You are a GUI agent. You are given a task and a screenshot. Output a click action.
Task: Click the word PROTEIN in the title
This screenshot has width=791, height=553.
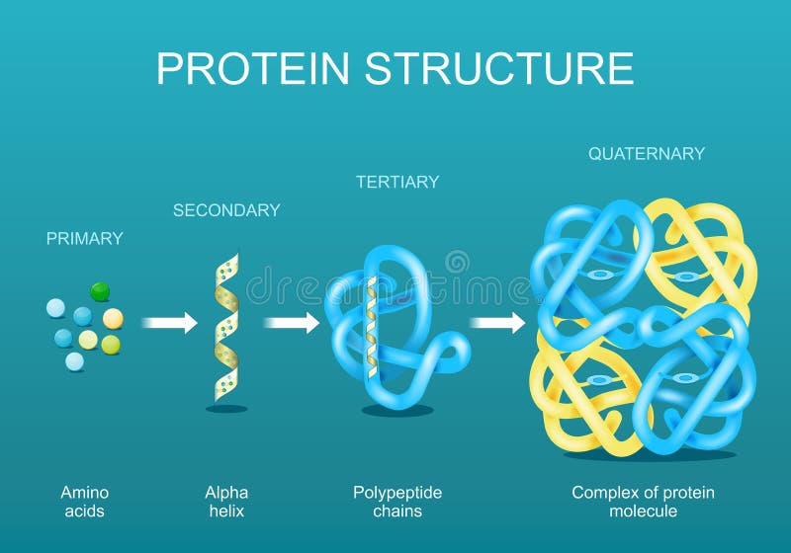coord(254,68)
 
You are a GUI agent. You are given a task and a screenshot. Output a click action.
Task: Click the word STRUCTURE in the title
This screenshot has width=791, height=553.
coord(499,68)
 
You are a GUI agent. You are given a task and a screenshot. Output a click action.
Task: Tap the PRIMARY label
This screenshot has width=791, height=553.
coord(85,238)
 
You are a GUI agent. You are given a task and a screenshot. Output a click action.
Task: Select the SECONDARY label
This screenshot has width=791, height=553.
coord(226,209)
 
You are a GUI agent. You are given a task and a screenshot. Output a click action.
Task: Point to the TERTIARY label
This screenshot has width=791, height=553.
coord(397,182)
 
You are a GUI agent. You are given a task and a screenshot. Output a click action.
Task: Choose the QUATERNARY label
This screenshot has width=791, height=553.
coord(647,153)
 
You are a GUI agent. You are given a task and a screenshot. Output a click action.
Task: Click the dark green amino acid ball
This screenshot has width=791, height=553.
coord(100,291)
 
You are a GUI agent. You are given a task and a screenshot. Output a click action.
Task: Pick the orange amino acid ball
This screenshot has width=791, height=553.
coord(113,318)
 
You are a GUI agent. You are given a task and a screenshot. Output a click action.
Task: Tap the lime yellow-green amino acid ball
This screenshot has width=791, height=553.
coord(111,345)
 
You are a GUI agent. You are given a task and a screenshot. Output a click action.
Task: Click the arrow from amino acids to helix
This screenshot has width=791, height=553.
coord(169,323)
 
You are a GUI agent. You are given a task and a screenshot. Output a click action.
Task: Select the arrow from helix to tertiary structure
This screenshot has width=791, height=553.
coord(292,322)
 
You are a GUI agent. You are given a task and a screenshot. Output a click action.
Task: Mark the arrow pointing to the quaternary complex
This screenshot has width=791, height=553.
coord(497,323)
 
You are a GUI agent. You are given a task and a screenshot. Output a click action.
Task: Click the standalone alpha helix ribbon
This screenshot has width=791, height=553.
coord(226,326)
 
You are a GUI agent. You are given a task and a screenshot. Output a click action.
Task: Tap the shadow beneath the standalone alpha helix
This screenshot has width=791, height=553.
coord(226,408)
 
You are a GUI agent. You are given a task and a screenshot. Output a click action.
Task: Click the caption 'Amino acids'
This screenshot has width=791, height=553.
coord(85,501)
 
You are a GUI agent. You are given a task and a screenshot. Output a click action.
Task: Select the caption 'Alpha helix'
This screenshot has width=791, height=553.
coord(226,501)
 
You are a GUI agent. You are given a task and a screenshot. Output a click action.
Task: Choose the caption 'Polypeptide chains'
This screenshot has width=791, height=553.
coord(397,501)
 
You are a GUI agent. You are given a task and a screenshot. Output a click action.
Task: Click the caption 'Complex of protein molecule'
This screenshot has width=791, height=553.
coord(643,501)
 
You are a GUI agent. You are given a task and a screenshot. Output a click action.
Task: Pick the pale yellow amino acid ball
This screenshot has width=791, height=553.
coord(88,340)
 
